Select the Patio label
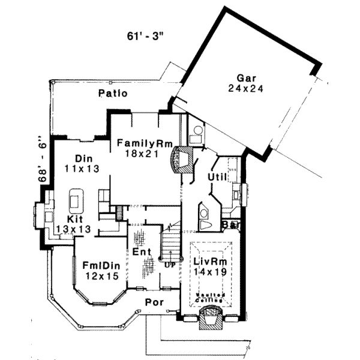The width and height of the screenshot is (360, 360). point(113,94)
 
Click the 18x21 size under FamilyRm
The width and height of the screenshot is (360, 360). point(142,154)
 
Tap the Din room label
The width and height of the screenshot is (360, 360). point(82,158)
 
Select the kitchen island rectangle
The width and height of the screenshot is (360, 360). point(76,199)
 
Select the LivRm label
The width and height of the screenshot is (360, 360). point(208,262)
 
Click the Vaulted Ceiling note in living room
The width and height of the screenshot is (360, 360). point(210,297)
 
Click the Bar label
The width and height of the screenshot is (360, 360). point(230,224)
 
